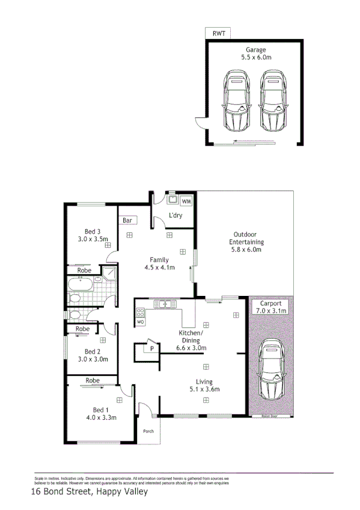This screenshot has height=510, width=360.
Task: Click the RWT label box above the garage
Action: coord(218,34)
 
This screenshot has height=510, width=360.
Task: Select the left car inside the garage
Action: coord(236,102)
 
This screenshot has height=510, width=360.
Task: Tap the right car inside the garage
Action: coord(272,102)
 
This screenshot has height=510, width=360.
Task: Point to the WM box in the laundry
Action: coord(186,201)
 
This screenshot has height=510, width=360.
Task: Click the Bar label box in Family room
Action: coord(127,221)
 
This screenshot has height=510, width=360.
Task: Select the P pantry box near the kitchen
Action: coord(152,348)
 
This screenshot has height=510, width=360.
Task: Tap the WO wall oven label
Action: coord(141,322)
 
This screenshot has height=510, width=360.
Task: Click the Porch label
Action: coord(148,431)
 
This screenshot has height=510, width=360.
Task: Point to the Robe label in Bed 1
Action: coord(92,380)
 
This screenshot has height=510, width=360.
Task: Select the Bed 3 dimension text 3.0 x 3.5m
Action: coord(92,239)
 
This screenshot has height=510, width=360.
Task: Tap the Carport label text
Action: coord(270,303)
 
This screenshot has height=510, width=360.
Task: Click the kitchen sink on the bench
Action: coord(163,303)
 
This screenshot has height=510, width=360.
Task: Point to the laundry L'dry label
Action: coord(175,215)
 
